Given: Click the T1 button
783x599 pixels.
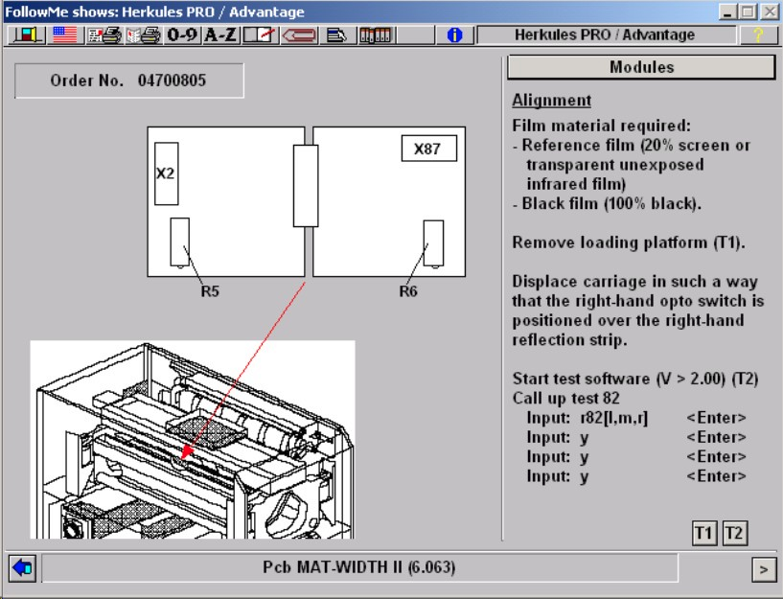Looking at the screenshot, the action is click(704, 533).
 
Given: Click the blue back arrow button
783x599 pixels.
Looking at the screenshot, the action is click(22, 568).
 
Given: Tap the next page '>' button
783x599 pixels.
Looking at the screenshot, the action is click(764, 569).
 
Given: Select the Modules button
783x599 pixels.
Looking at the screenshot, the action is click(641, 67).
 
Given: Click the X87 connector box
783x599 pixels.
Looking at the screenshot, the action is click(429, 149).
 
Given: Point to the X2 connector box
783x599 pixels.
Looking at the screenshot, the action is click(167, 173).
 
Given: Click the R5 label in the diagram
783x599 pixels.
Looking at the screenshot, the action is click(210, 291).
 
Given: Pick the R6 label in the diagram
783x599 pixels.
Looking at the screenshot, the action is click(408, 291).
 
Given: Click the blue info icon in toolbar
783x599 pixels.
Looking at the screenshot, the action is click(454, 35).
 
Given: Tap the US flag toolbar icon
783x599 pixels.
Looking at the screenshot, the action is click(65, 35).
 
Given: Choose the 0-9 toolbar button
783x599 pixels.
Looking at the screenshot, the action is click(182, 35).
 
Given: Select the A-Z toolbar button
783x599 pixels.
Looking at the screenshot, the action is click(220, 35).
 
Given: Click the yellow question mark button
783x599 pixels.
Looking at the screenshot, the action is click(758, 35).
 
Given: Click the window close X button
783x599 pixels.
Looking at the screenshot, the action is click(770, 12).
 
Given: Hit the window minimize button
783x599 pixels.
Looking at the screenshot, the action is click(727, 12).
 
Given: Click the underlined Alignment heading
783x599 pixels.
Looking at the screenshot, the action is click(552, 101).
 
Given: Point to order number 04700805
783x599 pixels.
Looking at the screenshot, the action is click(172, 81).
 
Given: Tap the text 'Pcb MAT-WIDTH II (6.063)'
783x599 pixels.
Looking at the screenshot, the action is click(359, 567).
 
